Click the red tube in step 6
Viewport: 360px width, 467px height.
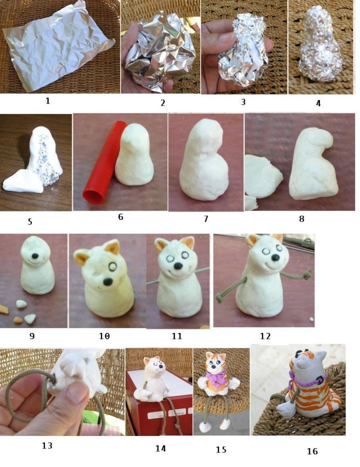(101, 162)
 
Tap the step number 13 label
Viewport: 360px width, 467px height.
(47, 445)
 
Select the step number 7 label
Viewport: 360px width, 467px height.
(206, 219)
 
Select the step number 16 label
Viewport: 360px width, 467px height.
(312, 452)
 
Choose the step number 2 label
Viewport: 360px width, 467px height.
(163, 103)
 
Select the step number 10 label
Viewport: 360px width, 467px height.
(104, 336)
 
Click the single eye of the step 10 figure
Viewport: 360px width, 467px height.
(113, 267)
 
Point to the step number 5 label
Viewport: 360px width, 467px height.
(30, 222)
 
